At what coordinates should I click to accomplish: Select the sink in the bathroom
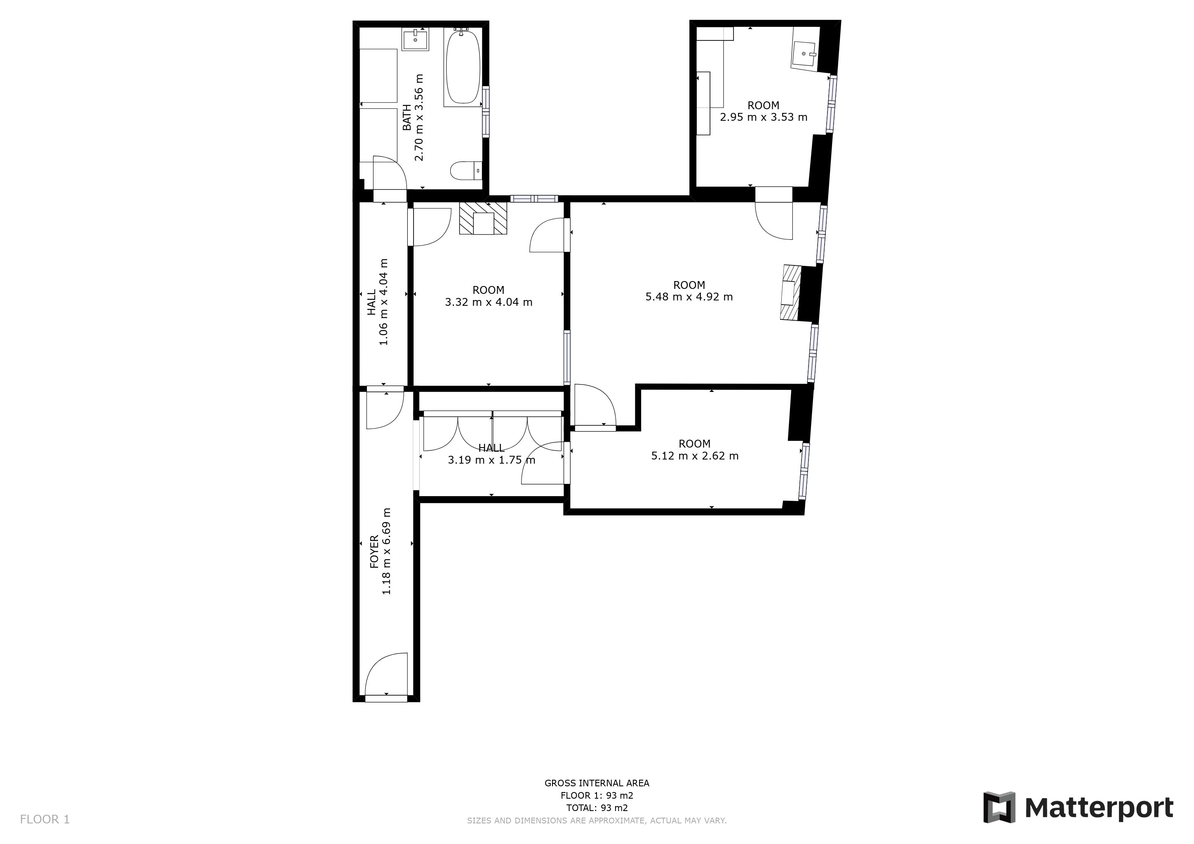click(416, 40)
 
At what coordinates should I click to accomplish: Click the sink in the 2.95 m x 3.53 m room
click(805, 54)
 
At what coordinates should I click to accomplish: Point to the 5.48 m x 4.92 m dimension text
click(689, 297)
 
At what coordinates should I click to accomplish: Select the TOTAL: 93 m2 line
click(597, 808)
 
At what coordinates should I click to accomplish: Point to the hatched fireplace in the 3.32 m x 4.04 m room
click(483, 219)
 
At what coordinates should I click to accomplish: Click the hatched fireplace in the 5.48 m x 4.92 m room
click(790, 293)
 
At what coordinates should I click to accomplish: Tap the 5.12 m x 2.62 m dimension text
click(695, 456)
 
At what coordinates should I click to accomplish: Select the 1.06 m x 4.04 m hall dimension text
click(384, 302)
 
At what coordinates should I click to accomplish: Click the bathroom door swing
click(389, 174)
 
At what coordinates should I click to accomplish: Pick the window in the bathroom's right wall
click(486, 112)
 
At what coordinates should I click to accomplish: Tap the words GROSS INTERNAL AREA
click(597, 783)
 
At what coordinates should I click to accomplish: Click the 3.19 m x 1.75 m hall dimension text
click(491, 460)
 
